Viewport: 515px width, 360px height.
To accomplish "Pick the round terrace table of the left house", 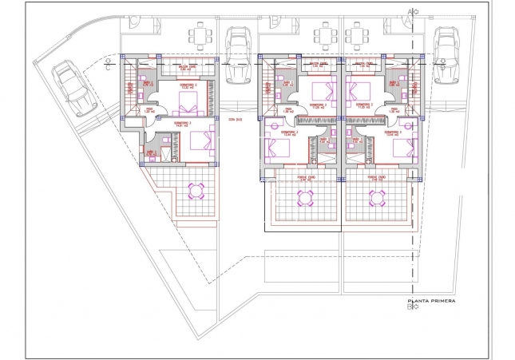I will [195, 190].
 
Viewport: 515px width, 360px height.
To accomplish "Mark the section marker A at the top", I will [412, 11].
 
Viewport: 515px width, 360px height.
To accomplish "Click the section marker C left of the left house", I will [107, 67].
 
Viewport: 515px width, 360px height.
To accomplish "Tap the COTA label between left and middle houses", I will [234, 119].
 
